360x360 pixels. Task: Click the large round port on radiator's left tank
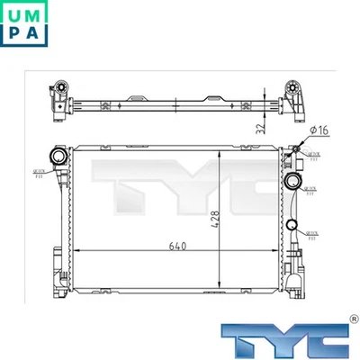(59, 158)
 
